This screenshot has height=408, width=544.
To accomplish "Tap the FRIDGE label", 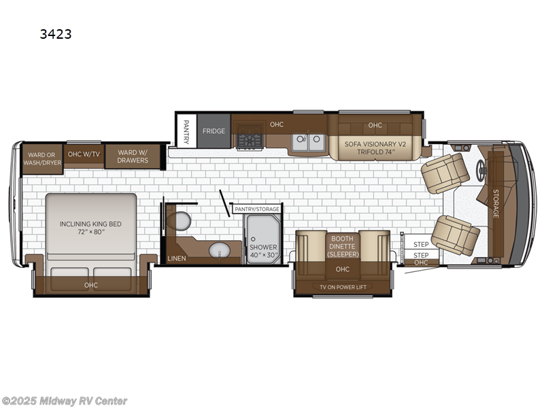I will pos(213,131).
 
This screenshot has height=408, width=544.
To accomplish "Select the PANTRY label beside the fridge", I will pos(186,131).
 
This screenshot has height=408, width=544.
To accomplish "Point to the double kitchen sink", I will pos(307,141).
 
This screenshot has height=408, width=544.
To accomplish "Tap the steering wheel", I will pos(483,171).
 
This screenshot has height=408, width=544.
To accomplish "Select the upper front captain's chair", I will pos(445,172).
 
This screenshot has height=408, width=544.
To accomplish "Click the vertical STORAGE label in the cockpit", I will pos(496,203).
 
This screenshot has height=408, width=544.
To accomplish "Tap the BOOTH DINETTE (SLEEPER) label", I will pos(341,246).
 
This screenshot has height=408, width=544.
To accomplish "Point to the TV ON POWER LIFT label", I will pos(342,287).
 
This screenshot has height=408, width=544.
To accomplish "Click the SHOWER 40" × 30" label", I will pos(262,251).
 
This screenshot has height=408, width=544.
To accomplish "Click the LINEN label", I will pos(176,258).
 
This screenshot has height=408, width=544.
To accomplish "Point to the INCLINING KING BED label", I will pos(90,228).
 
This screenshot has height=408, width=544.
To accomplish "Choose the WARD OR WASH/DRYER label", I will pos(43,157).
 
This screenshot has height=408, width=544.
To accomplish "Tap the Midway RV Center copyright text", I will pos(65,401).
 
